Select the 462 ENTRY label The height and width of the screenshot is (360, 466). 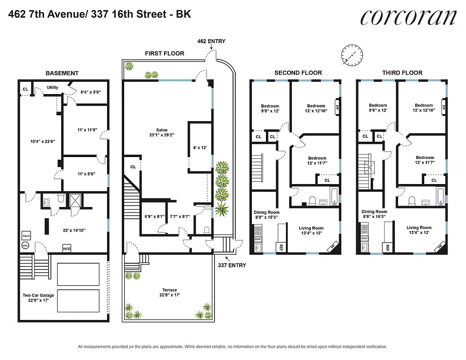point(211,41)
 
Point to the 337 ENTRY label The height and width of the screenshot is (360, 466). point(232,265)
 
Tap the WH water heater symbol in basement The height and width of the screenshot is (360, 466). point(25,246)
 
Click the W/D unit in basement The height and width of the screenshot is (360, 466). point(66,248)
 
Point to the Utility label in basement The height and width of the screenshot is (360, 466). point(52,87)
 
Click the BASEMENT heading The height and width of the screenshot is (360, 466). point(62,73)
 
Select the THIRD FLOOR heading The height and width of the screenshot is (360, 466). point(402,73)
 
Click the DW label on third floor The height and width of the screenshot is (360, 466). point(363,239)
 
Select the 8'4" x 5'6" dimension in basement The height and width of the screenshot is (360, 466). point(90,92)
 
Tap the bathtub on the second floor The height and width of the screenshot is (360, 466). point(334,196)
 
